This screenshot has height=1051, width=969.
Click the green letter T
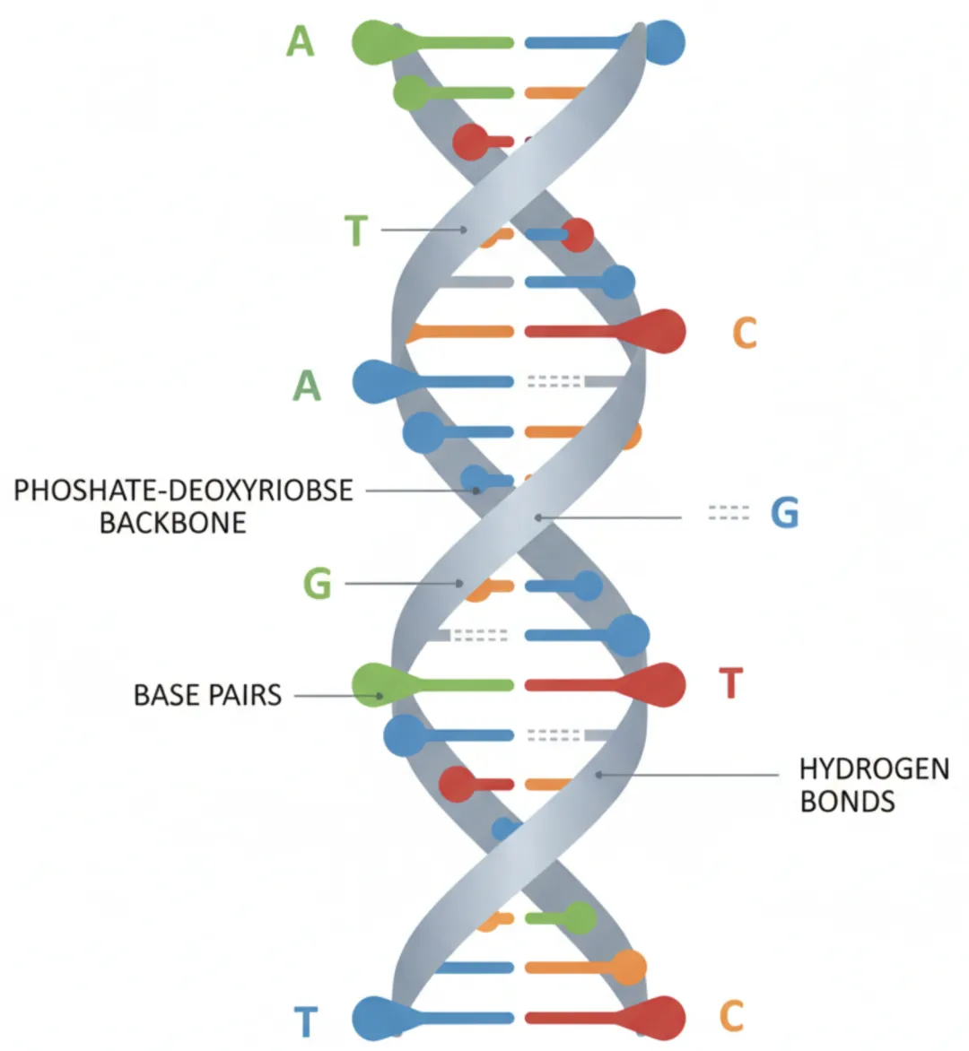[x=356, y=230]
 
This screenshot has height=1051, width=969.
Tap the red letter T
[x=731, y=684]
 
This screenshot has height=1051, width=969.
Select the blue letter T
[x=306, y=1021]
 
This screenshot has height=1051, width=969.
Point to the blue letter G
[x=784, y=513]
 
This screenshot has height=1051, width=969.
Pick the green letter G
[x=318, y=584]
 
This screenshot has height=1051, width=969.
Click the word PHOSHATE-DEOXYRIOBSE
[x=183, y=491]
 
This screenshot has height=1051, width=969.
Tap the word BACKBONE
[x=172, y=523]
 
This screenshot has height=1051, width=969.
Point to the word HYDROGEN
[x=874, y=769]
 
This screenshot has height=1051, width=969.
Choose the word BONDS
[x=847, y=801]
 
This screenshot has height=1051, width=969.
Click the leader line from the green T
[x=422, y=230]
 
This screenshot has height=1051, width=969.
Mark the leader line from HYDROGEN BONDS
[x=691, y=774]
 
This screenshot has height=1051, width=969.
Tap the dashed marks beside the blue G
[x=729, y=513]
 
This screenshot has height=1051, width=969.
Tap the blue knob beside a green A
[x=375, y=381]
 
